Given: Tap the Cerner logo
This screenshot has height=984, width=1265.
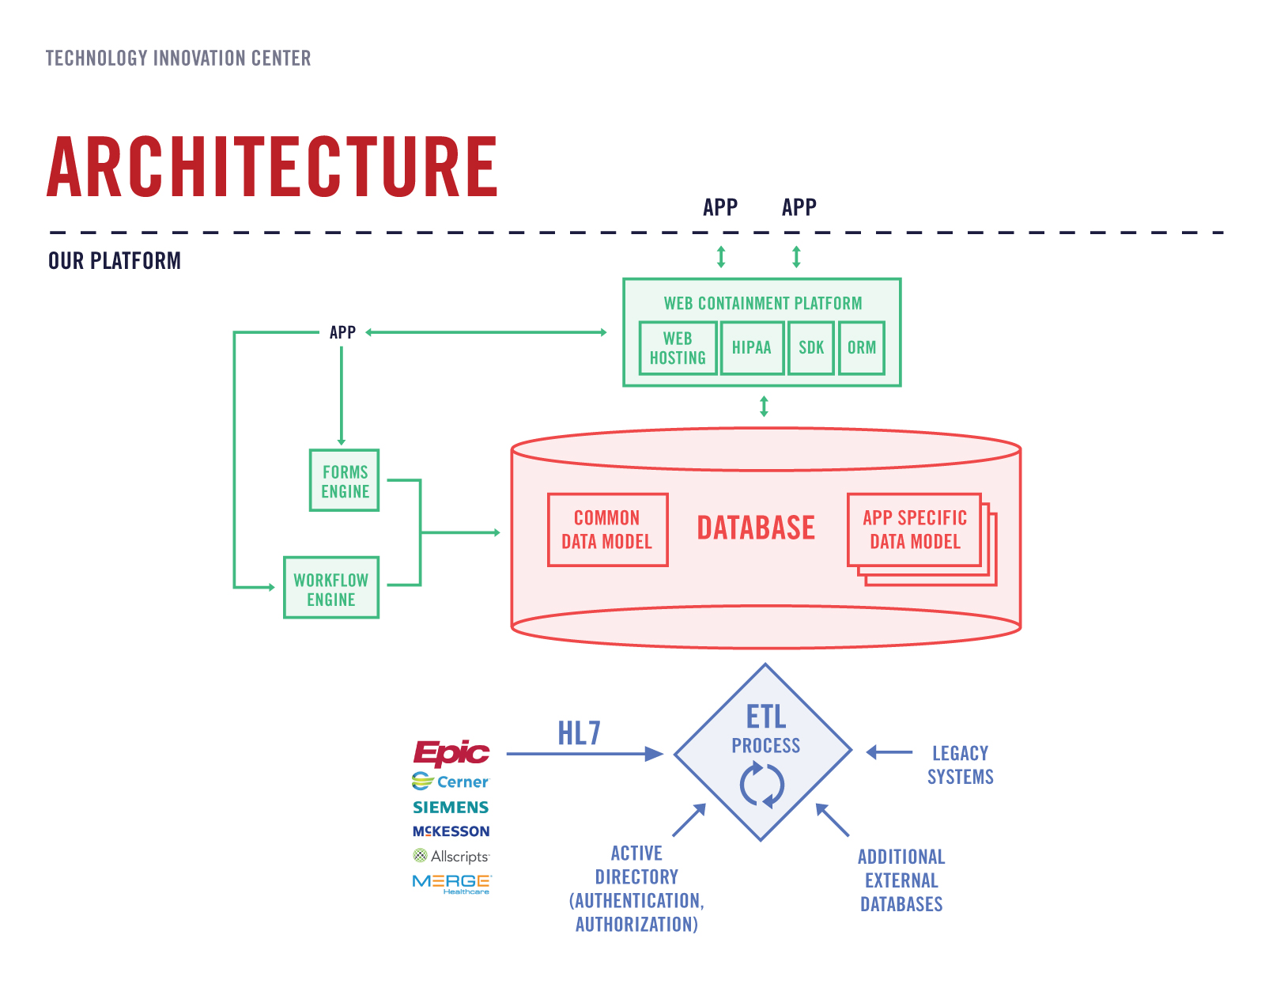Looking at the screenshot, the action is (451, 781).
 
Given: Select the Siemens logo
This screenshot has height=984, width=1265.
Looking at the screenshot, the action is (451, 807).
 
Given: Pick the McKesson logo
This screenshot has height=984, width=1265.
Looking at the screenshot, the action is (451, 831).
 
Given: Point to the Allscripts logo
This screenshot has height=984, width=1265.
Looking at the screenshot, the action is (451, 856).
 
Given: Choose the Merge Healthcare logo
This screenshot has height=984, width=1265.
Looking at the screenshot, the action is (451, 884).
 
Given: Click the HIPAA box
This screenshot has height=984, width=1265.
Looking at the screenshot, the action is (752, 348).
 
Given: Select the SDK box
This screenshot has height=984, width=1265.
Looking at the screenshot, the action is (811, 348).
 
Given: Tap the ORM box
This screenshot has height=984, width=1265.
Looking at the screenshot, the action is (862, 348).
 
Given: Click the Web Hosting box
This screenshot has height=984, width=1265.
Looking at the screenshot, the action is (678, 348).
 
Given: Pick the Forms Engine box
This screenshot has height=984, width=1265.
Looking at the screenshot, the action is (345, 480).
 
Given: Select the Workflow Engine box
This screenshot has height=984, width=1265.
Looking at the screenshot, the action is (331, 588).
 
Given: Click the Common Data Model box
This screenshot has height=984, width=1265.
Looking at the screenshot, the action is (608, 530).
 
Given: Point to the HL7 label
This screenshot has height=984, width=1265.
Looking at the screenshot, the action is (580, 733).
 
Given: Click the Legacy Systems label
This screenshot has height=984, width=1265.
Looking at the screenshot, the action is (961, 765).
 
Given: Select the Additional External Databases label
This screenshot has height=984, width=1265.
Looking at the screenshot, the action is (902, 880).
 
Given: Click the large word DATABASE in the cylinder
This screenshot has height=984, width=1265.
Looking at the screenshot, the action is (756, 528).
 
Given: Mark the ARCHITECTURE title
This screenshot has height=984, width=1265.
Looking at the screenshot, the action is (272, 167).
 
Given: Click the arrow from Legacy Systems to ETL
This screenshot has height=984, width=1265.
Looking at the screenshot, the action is (889, 752).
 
